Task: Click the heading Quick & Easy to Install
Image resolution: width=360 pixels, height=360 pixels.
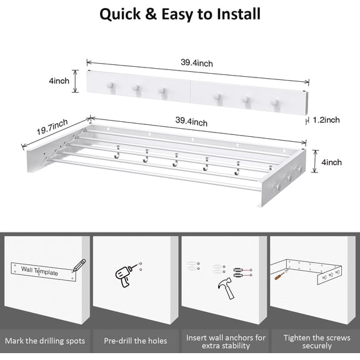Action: pyautogui.click(x=180, y=14)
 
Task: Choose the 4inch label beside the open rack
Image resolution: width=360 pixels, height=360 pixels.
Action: pyautogui.click(x=331, y=162)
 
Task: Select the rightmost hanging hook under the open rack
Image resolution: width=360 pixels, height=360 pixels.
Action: pyautogui.click(x=237, y=167)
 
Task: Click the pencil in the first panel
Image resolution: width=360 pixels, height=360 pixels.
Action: pyautogui.click(x=79, y=265)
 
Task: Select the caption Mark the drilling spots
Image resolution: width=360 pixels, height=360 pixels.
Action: pyautogui.click(x=45, y=341)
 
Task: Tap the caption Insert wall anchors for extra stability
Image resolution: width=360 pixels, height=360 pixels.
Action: pyautogui.click(x=226, y=341)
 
